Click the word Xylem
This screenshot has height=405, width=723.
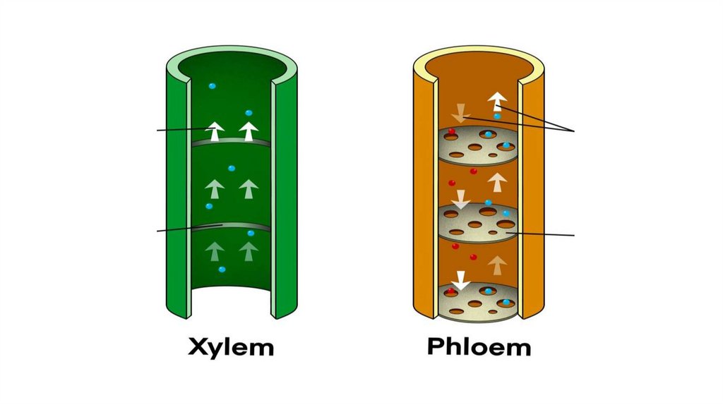[x=231, y=347]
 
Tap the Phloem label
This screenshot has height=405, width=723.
[x=478, y=347]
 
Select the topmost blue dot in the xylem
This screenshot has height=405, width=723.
[x=212, y=85]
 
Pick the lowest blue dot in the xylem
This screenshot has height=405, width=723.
[x=222, y=270]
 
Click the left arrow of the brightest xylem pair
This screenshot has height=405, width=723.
[x=215, y=131]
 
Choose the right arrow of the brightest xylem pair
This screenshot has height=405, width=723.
[x=249, y=131]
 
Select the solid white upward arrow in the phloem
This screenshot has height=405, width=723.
[x=497, y=101]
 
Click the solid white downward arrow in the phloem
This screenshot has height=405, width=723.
[x=460, y=280]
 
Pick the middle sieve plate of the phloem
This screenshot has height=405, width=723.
[x=478, y=221]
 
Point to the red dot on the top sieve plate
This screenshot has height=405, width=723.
[x=452, y=132]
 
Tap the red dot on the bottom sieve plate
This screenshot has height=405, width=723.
[x=451, y=291]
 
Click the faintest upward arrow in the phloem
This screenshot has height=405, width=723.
[x=497, y=265]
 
